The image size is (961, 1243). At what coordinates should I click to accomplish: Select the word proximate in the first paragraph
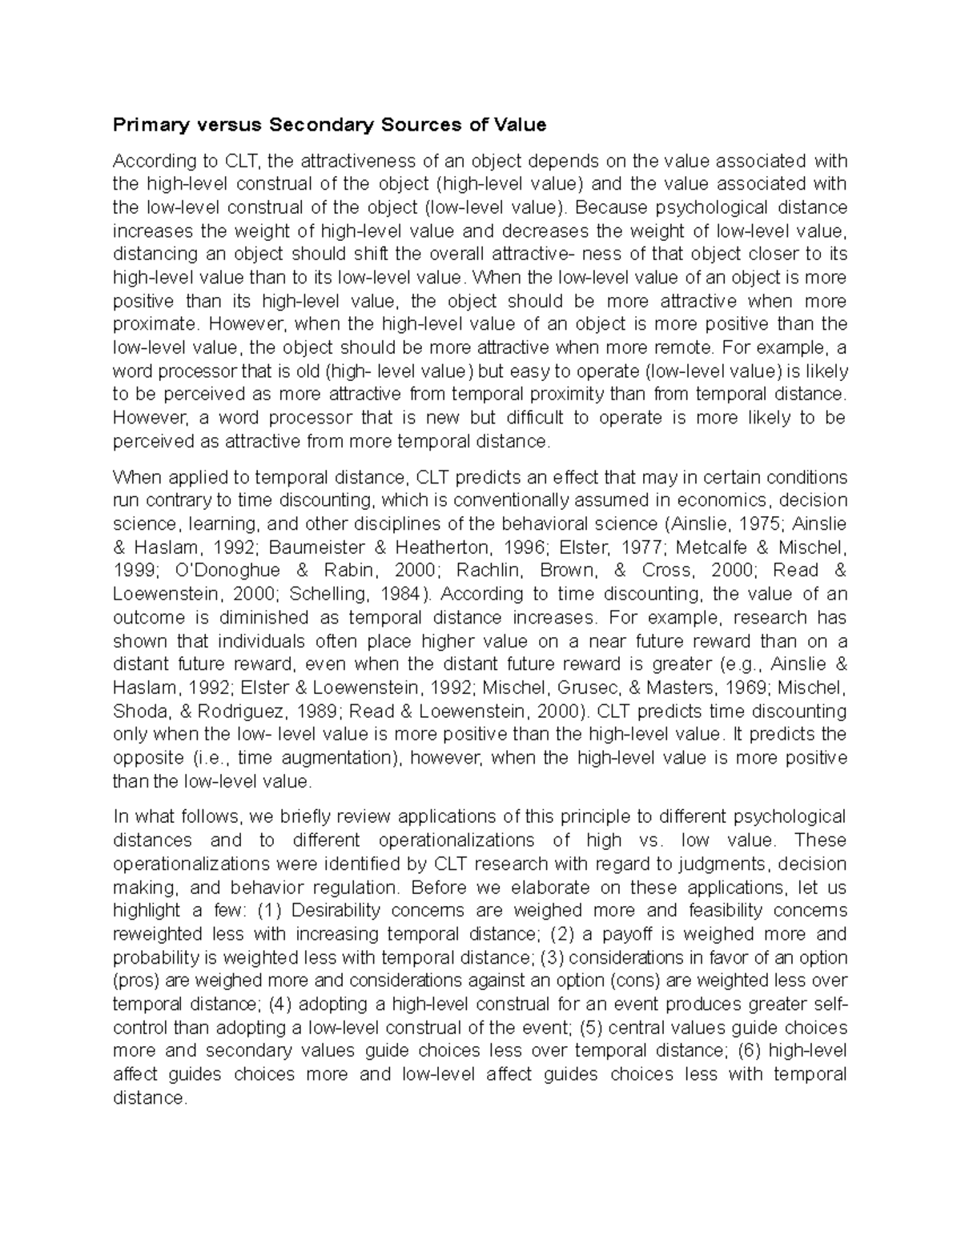[152, 324]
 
